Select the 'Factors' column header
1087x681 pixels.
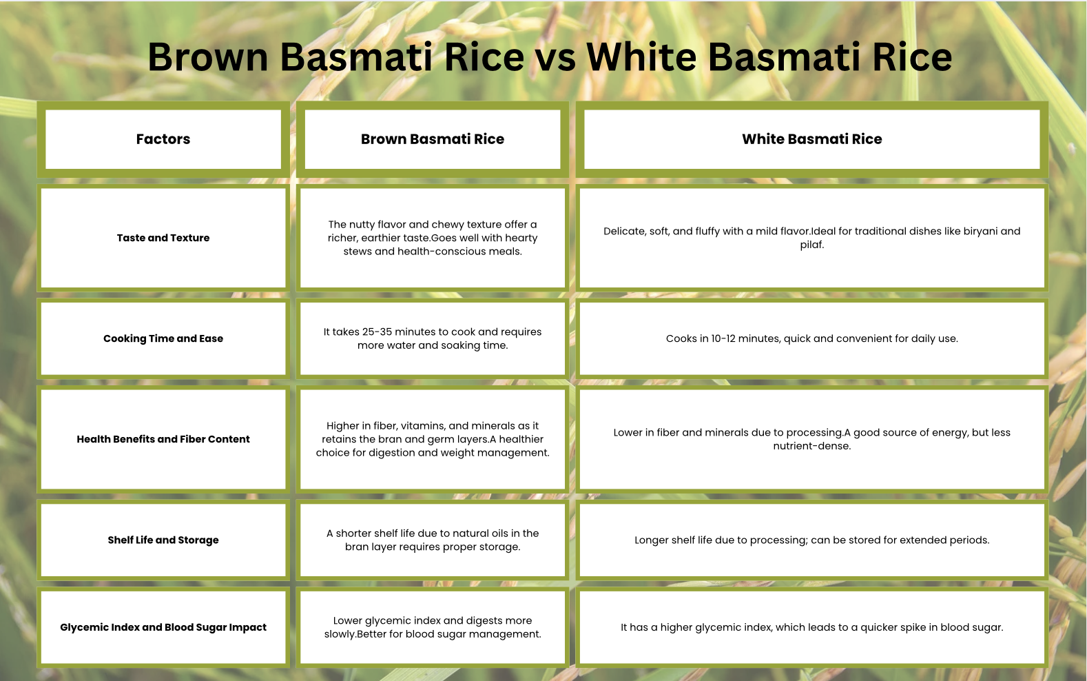coord(163,139)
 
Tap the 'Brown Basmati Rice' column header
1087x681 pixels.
coord(433,139)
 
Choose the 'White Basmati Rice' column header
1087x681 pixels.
coord(812,139)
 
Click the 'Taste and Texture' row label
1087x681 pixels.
coord(163,238)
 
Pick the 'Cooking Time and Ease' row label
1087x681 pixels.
coord(163,338)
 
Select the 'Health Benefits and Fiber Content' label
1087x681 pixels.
coord(163,439)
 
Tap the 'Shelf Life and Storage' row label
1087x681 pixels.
coord(163,540)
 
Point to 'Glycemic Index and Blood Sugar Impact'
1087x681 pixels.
coord(163,627)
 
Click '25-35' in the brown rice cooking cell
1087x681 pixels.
coord(377,332)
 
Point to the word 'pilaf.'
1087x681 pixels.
coord(812,245)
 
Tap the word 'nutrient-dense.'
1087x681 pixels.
coord(812,446)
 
